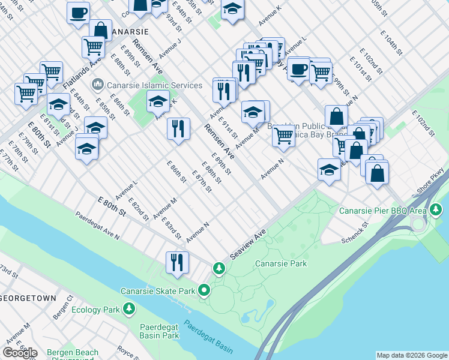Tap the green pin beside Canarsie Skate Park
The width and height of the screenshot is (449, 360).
click(x=204, y=291)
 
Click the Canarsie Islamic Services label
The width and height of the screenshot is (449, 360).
click(x=146, y=85)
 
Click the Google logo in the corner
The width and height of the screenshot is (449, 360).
click(x=20, y=352)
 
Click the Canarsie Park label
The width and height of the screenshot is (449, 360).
click(x=281, y=263)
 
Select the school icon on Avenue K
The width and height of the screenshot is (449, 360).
click(x=158, y=102)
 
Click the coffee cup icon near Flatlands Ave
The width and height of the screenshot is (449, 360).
click(x=78, y=13)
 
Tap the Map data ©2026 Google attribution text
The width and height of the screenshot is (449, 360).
click(x=411, y=355)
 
